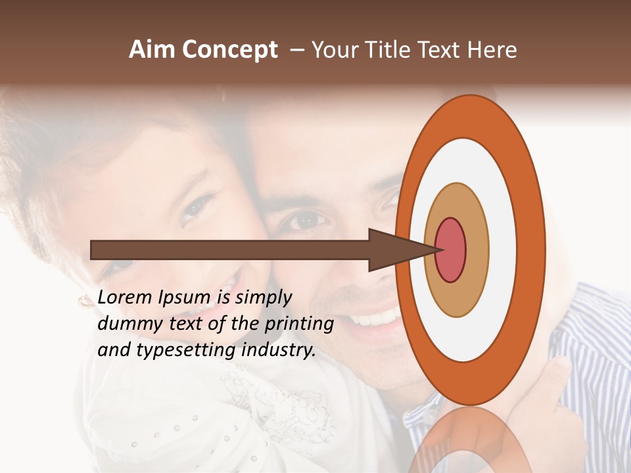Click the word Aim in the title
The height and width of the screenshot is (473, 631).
[152, 50]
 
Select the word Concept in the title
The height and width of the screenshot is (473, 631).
[229, 50]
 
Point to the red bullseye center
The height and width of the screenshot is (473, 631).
[450, 250]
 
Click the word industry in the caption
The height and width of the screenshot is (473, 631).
[279, 351]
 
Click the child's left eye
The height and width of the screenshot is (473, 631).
[195, 208]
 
